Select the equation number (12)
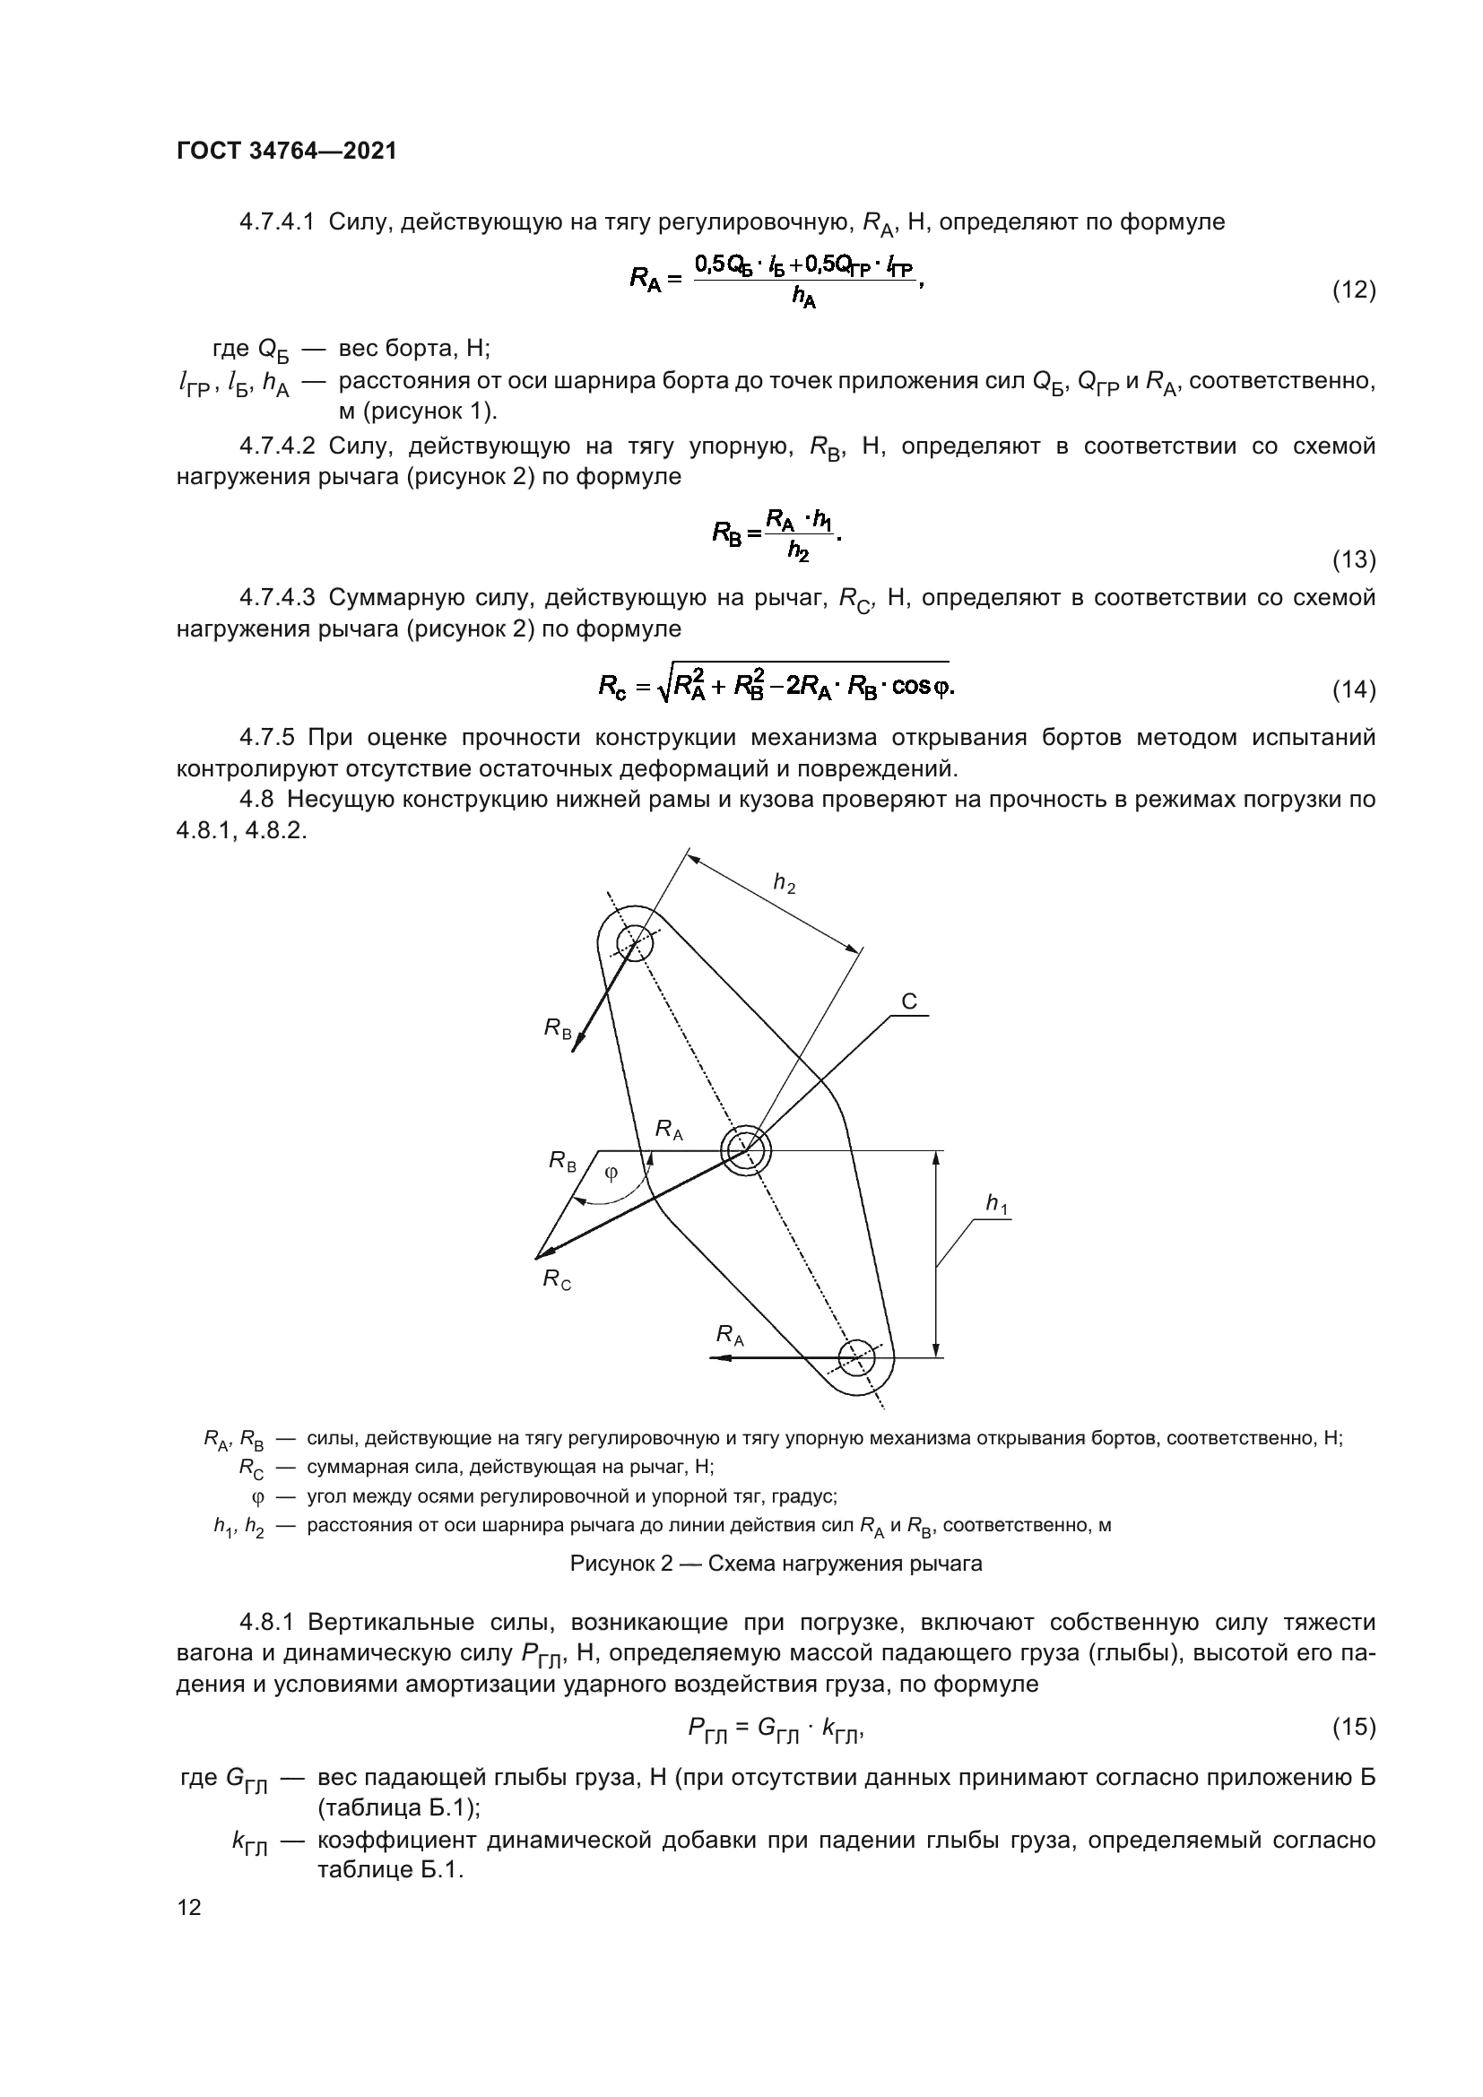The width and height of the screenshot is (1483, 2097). click(x=1353, y=290)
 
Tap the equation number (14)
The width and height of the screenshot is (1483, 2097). click(x=1353, y=689)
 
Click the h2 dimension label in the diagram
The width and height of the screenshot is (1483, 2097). click(x=784, y=883)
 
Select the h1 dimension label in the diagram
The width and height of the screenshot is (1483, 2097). click(x=997, y=1206)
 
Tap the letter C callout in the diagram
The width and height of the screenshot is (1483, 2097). click(x=908, y=1002)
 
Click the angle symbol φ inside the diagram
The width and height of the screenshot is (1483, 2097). click(x=611, y=1174)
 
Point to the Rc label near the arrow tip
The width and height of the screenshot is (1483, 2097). click(x=557, y=1279)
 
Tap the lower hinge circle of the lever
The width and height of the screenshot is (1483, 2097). click(x=856, y=1357)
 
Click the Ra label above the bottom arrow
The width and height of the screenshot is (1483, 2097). click(x=730, y=1335)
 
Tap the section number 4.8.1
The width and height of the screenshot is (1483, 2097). click(x=265, y=1623)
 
